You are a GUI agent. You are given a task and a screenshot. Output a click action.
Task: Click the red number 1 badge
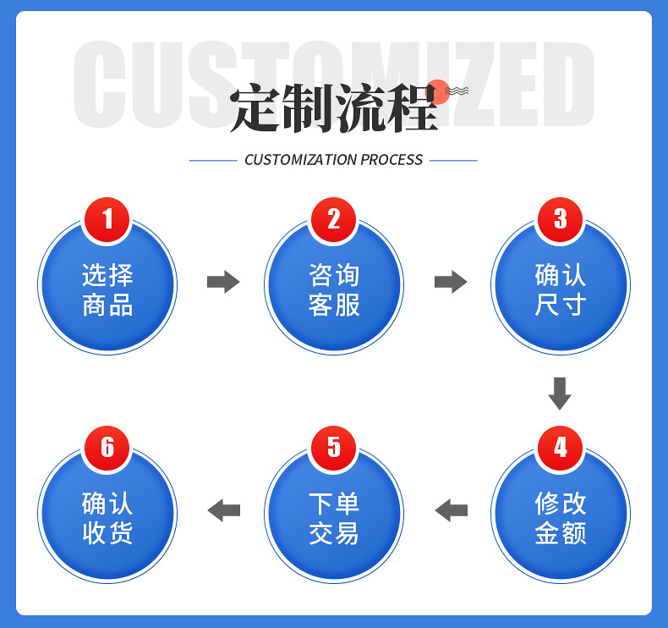pyautogui.click(x=107, y=219)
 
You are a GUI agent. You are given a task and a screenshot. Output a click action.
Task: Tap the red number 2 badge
pyautogui.click(x=334, y=219)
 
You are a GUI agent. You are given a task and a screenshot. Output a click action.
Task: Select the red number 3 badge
pyautogui.click(x=561, y=219)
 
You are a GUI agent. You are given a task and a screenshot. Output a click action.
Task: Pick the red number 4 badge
pyautogui.click(x=561, y=447)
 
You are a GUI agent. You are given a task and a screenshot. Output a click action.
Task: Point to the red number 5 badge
pyautogui.click(x=334, y=447)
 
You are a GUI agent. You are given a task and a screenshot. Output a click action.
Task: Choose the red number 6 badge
pyautogui.click(x=107, y=447)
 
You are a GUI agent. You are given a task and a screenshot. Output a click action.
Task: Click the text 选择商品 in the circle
pyautogui.click(x=107, y=289)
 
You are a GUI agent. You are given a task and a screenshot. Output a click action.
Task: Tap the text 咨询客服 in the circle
pyautogui.click(x=334, y=289)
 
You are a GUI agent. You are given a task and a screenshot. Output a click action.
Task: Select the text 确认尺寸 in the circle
pyautogui.click(x=561, y=289)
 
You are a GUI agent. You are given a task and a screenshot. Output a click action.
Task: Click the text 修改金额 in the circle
pyautogui.click(x=561, y=518)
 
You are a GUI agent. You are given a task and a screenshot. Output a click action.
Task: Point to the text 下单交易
pyautogui.click(x=334, y=518)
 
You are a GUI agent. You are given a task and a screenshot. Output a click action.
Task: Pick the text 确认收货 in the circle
pyautogui.click(x=107, y=518)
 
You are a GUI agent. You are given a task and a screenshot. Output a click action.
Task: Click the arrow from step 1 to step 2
pyautogui.click(x=223, y=282)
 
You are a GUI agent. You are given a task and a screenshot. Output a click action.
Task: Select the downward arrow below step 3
pyautogui.click(x=560, y=394)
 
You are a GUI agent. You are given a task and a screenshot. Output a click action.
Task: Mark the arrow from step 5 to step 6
pyautogui.click(x=223, y=510)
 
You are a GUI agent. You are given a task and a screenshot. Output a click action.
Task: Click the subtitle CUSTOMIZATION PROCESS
pyautogui.click(x=333, y=159)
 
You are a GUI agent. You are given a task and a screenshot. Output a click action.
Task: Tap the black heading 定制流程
pyautogui.click(x=333, y=108)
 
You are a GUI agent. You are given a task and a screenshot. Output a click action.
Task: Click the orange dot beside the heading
pyautogui.click(x=438, y=91)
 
